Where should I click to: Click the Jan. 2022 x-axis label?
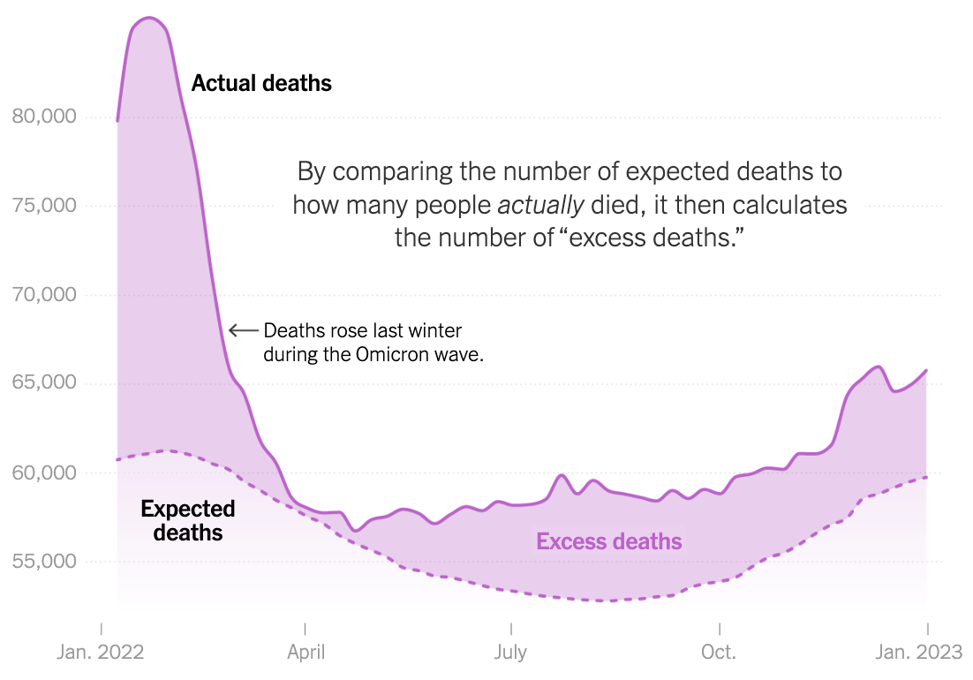(102, 654)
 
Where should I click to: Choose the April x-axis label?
(305, 654)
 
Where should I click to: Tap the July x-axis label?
(510, 654)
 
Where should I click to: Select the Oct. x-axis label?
(720, 654)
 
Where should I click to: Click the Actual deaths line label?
(261, 84)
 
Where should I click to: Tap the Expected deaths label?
(188, 520)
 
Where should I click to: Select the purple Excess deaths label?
(609, 541)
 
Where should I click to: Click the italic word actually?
(541, 206)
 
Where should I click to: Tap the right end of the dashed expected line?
(926, 477)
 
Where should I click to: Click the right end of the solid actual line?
(926, 370)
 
